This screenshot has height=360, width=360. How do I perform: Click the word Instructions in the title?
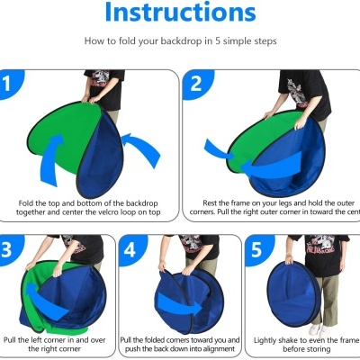click(x=179, y=13)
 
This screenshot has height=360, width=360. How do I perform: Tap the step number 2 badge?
click(x=197, y=85)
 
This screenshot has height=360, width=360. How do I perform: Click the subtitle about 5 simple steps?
click(x=179, y=41)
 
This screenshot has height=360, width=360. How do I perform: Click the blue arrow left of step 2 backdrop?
click(x=220, y=148)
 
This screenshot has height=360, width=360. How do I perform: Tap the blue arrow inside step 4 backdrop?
click(x=180, y=292)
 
